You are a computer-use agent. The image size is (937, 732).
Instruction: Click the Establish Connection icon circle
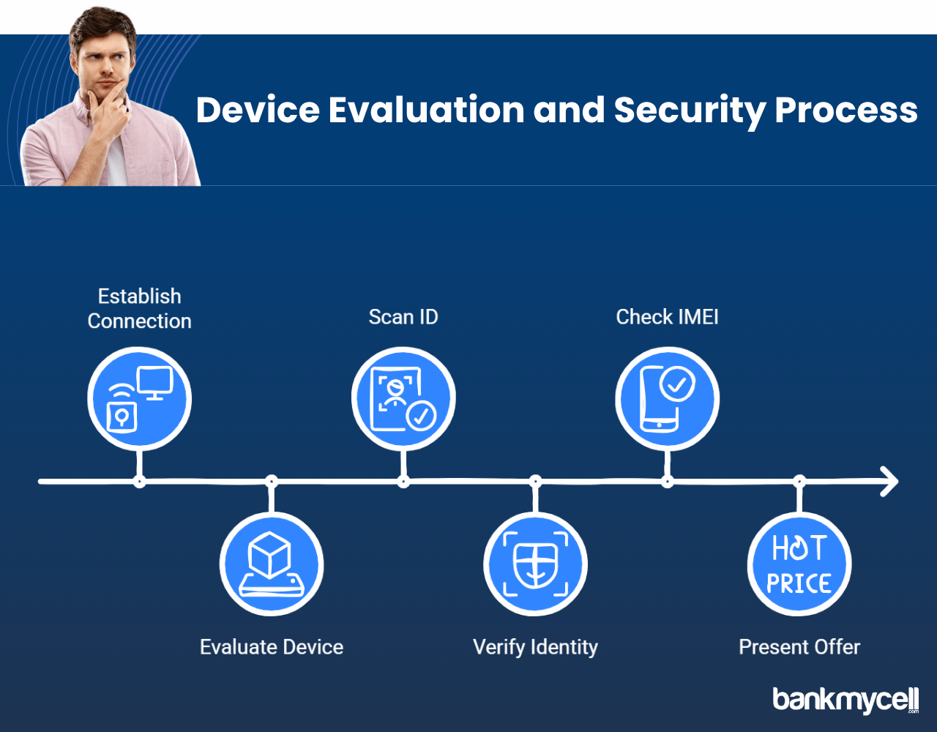(x=139, y=399)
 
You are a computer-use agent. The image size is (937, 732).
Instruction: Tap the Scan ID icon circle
(x=403, y=399)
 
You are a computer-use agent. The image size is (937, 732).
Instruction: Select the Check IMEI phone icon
(x=667, y=399)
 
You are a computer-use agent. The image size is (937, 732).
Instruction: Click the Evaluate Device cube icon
(x=272, y=564)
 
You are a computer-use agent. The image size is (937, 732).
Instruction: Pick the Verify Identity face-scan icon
(x=535, y=564)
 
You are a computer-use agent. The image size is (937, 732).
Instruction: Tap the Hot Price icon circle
(x=799, y=564)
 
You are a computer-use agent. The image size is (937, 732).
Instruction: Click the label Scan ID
(x=403, y=317)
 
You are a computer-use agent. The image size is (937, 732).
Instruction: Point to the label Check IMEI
(x=667, y=317)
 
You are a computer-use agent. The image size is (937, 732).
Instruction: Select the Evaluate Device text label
(x=272, y=647)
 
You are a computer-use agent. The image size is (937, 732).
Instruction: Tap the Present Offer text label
(x=799, y=647)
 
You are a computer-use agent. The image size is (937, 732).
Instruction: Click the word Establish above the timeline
(x=139, y=296)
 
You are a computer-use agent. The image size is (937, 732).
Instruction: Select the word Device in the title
(x=258, y=110)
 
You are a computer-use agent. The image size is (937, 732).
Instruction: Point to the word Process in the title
(x=846, y=111)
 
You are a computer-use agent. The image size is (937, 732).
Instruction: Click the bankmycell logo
(x=845, y=700)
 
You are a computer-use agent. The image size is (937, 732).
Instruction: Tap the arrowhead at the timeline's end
(x=889, y=482)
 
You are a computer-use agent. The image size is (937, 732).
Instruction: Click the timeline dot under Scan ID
(x=403, y=482)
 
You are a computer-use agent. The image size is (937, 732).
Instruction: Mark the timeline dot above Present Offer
(x=799, y=481)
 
